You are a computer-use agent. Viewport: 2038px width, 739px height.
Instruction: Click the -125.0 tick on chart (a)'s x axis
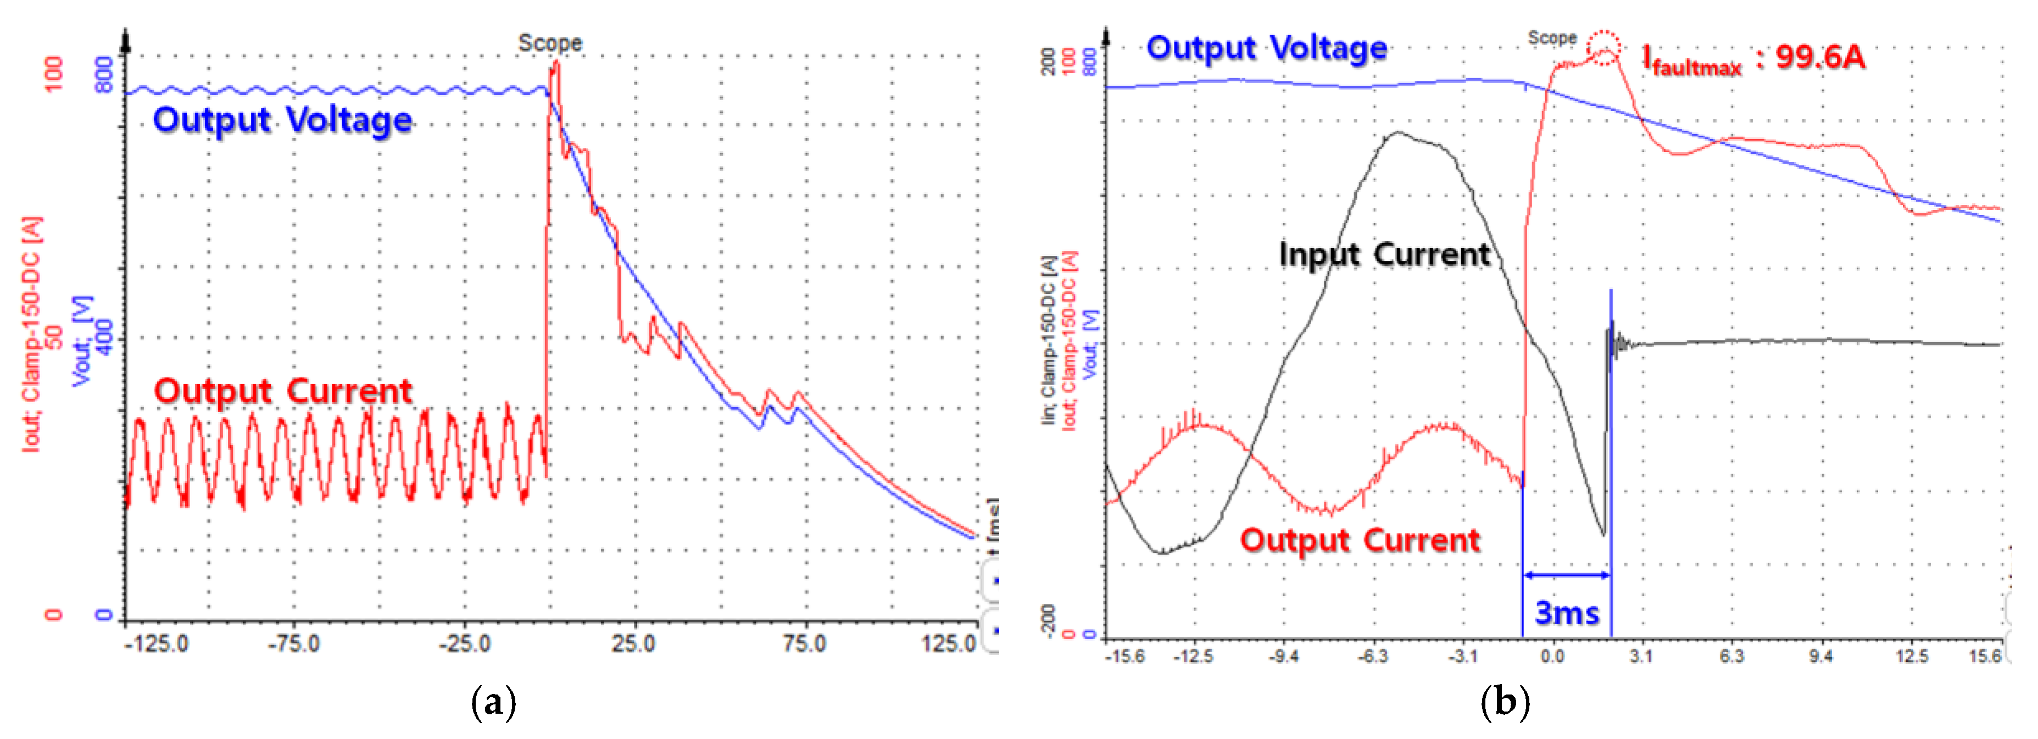(x=157, y=643)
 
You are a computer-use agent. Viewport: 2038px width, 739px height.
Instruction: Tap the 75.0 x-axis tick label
(x=805, y=643)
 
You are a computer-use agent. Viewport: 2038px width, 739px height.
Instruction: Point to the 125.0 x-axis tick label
(x=949, y=643)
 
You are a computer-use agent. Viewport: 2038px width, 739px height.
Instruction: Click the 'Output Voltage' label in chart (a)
(x=282, y=120)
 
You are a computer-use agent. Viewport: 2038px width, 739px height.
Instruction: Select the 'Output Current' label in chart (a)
(x=282, y=391)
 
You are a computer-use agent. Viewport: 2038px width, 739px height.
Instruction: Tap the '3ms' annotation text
(x=1567, y=613)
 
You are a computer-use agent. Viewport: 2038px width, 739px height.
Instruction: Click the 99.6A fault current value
(x=1819, y=57)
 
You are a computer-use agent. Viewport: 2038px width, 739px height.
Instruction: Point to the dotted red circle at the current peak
(x=1603, y=47)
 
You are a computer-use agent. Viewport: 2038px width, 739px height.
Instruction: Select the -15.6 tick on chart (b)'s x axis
(x=1125, y=656)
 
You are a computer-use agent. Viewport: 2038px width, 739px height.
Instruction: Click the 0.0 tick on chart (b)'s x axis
(x=1552, y=656)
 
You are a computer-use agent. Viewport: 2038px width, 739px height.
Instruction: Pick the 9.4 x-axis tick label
(x=1820, y=656)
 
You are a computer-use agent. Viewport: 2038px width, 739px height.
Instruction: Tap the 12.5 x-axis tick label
(x=1912, y=656)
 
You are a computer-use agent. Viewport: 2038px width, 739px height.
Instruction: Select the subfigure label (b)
(x=1504, y=702)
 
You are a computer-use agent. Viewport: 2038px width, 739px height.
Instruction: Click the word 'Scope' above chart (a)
(x=550, y=43)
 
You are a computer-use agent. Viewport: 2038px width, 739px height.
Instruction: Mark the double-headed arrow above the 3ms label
(x=1567, y=574)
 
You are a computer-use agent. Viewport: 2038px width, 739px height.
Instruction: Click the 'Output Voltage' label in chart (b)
(x=1267, y=48)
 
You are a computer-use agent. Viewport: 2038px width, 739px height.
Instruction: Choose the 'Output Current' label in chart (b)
(x=1359, y=541)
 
